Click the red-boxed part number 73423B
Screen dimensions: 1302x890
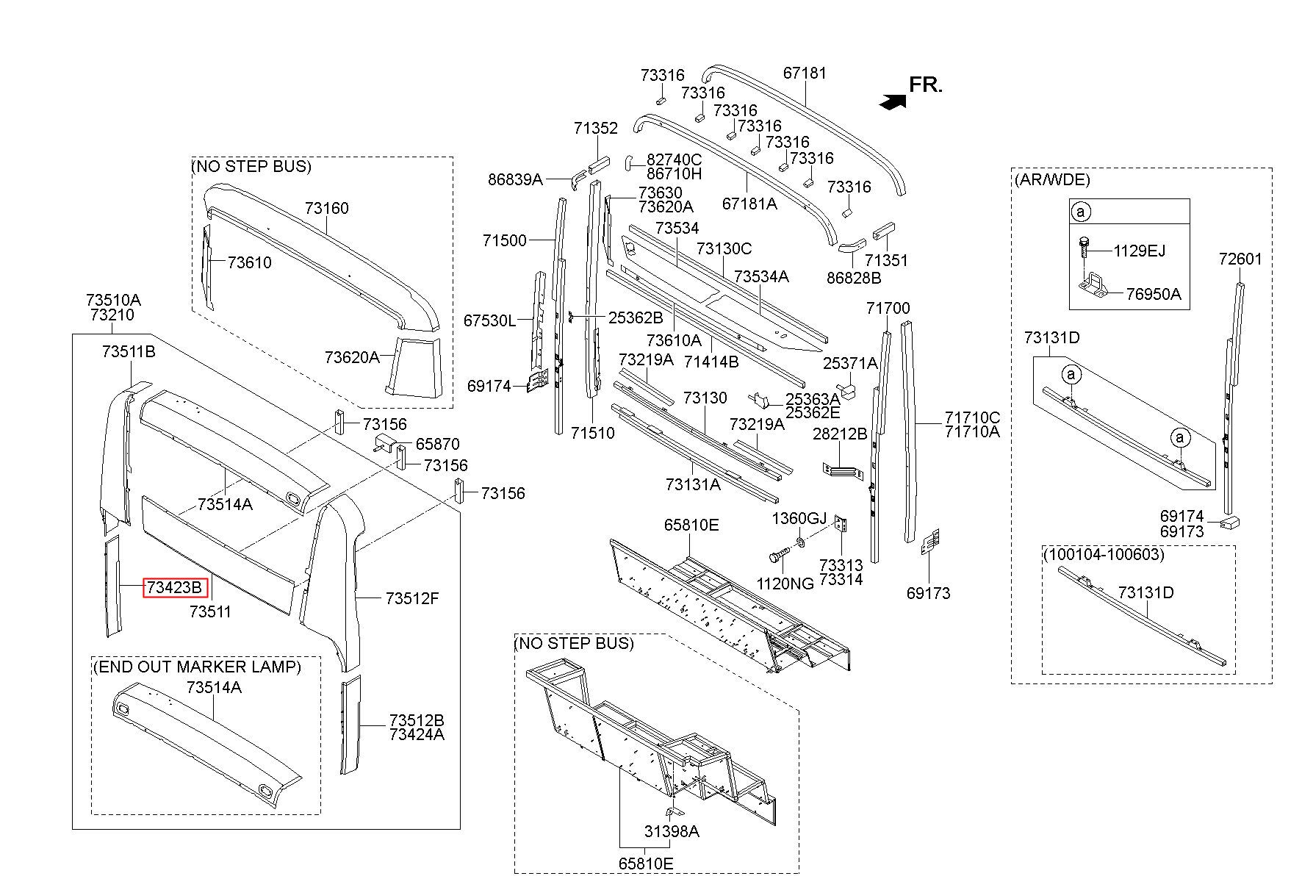176,587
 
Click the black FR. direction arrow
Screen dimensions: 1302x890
892,102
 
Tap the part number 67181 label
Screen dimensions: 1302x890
805,73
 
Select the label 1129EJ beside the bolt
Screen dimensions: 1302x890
1139,251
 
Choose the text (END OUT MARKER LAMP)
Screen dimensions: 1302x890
197,667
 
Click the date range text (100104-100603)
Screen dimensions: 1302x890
1104,554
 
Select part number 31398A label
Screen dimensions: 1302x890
672,831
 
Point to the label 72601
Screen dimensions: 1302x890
1240,259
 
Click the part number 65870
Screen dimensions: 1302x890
438,444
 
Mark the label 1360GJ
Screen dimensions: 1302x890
799,519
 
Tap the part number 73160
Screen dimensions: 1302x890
327,208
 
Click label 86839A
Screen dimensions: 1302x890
515,179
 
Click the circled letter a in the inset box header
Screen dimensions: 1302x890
1081,212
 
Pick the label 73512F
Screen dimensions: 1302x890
412,598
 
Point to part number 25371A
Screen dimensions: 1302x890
850,363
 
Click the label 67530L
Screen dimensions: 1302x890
489,320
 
